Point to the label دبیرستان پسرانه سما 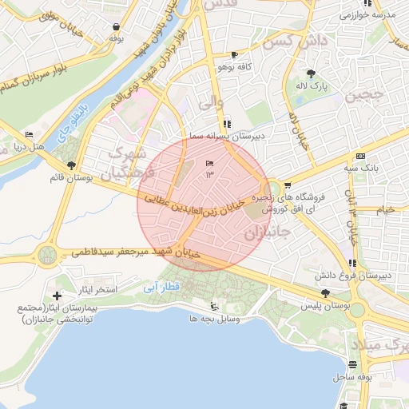tap(229, 137)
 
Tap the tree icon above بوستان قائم tap(72, 165)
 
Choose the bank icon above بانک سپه tap(361, 156)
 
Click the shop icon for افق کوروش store tap(288, 185)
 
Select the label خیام tap(385, 209)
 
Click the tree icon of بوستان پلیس tap(324, 293)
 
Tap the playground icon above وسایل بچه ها tap(212, 306)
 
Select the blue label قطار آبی tap(162, 286)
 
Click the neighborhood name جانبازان tap(265, 234)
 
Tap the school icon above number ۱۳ tap(209, 163)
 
